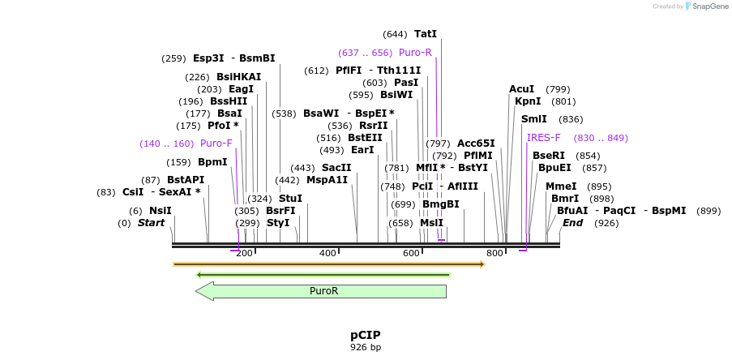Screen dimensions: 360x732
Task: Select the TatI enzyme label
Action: click(x=425, y=34)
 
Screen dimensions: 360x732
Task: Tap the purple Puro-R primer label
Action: click(x=415, y=53)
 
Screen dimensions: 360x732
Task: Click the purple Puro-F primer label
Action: click(x=216, y=144)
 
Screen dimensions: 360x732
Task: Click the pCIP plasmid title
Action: click(x=365, y=335)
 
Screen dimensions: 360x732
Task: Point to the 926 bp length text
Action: click(x=365, y=347)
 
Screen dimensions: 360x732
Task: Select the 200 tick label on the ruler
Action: click(x=244, y=254)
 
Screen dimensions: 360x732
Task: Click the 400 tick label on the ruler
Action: click(x=327, y=254)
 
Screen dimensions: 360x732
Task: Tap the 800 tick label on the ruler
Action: click(x=494, y=254)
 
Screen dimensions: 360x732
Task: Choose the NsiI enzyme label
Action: click(x=160, y=210)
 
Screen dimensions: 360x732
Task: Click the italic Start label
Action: click(x=151, y=223)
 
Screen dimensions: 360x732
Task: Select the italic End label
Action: click(x=572, y=223)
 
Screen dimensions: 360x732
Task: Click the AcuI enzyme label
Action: click(x=521, y=89)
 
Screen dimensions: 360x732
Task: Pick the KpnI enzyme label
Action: click(x=528, y=101)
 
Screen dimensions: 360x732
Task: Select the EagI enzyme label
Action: click(x=241, y=89)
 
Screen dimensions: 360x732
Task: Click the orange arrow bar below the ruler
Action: click(x=328, y=264)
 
